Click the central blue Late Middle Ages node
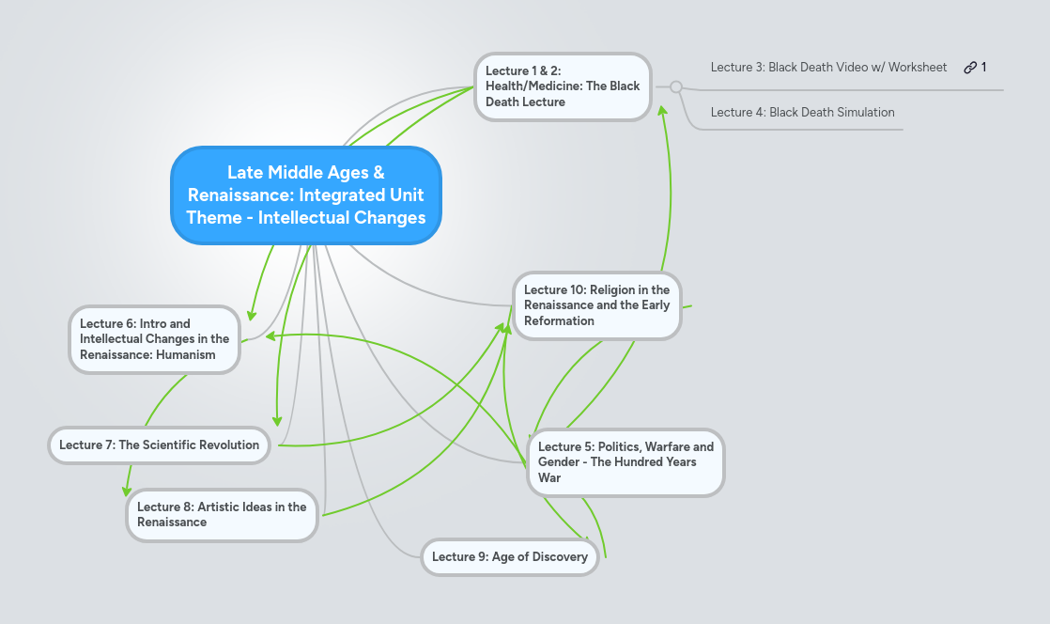point(306,195)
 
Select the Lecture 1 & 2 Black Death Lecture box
point(562,86)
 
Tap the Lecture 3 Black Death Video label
point(828,67)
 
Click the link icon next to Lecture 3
point(969,67)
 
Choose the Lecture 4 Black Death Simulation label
point(802,112)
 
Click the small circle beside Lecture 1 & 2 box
point(675,86)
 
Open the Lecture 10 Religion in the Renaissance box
point(597,305)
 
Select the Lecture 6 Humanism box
point(154,339)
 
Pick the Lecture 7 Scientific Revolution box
point(159,445)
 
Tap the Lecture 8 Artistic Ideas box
point(222,514)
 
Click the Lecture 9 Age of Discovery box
point(509,556)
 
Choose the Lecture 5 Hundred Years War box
point(625,462)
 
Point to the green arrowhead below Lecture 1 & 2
point(662,112)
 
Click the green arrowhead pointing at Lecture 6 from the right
point(270,335)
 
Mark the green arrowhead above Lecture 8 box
point(127,490)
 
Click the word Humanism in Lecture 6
point(186,354)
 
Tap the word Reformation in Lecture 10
point(559,320)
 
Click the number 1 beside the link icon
point(984,67)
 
